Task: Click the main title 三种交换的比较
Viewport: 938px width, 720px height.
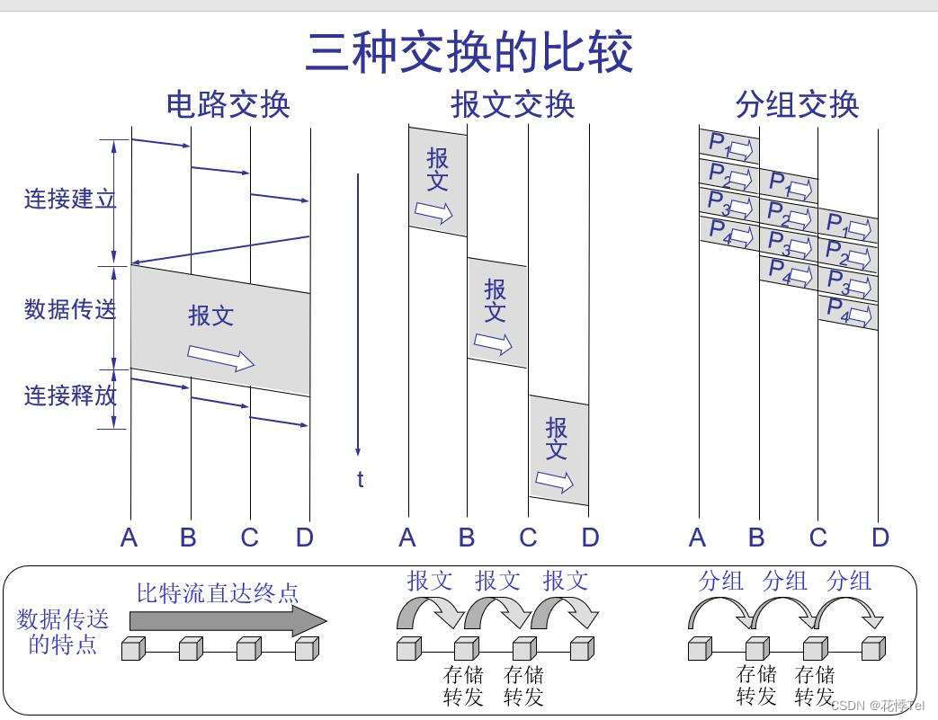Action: pyautogui.click(x=469, y=52)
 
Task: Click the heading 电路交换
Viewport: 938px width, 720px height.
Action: pyautogui.click(x=228, y=105)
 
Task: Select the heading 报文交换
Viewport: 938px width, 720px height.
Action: pyautogui.click(x=513, y=105)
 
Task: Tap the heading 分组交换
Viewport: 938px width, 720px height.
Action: pyautogui.click(x=797, y=105)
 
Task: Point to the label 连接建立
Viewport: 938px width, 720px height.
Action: pyautogui.click(x=69, y=199)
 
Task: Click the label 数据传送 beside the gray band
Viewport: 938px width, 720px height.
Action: pyautogui.click(x=69, y=310)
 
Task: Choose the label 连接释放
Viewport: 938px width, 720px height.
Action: pyautogui.click(x=69, y=396)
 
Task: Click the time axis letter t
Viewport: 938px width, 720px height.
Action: pyautogui.click(x=360, y=480)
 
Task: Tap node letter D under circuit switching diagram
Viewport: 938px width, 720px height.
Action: pyautogui.click(x=305, y=538)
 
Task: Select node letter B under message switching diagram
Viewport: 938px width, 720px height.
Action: pyautogui.click(x=466, y=538)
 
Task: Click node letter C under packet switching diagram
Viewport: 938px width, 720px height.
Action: pyautogui.click(x=817, y=538)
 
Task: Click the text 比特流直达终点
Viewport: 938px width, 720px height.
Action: pyautogui.click(x=218, y=593)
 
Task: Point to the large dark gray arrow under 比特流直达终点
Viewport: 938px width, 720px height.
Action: pyautogui.click(x=228, y=620)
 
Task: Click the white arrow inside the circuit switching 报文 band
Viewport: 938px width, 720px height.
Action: pyautogui.click(x=220, y=357)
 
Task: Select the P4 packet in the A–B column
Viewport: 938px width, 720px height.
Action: pyautogui.click(x=729, y=231)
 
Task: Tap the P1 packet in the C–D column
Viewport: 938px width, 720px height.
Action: pyautogui.click(x=848, y=225)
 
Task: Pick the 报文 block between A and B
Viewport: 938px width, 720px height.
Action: pyautogui.click(x=438, y=182)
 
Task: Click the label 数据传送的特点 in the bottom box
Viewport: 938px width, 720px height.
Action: pyautogui.click(x=62, y=631)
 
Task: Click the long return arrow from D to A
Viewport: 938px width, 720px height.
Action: pyautogui.click(x=220, y=250)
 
